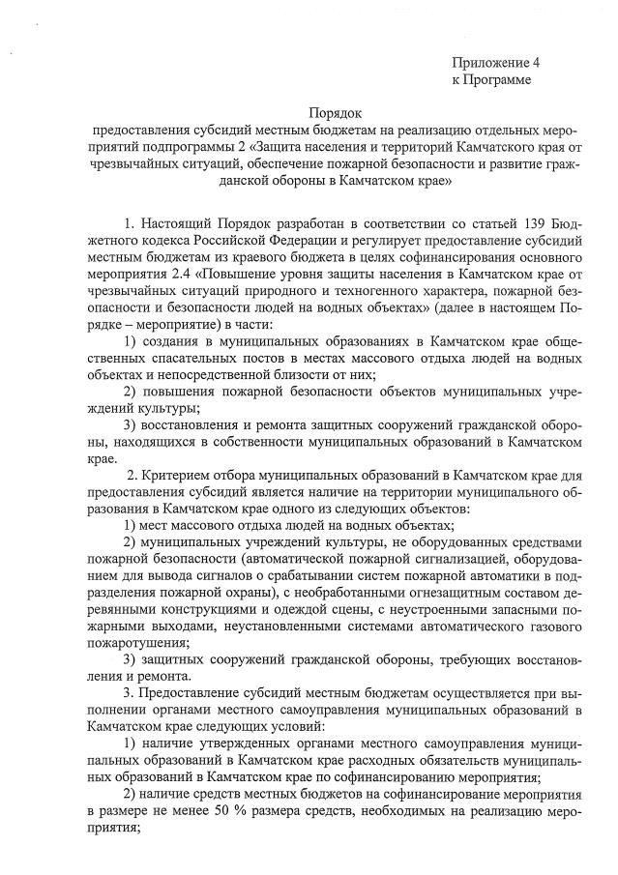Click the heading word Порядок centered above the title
tap(324, 114)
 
